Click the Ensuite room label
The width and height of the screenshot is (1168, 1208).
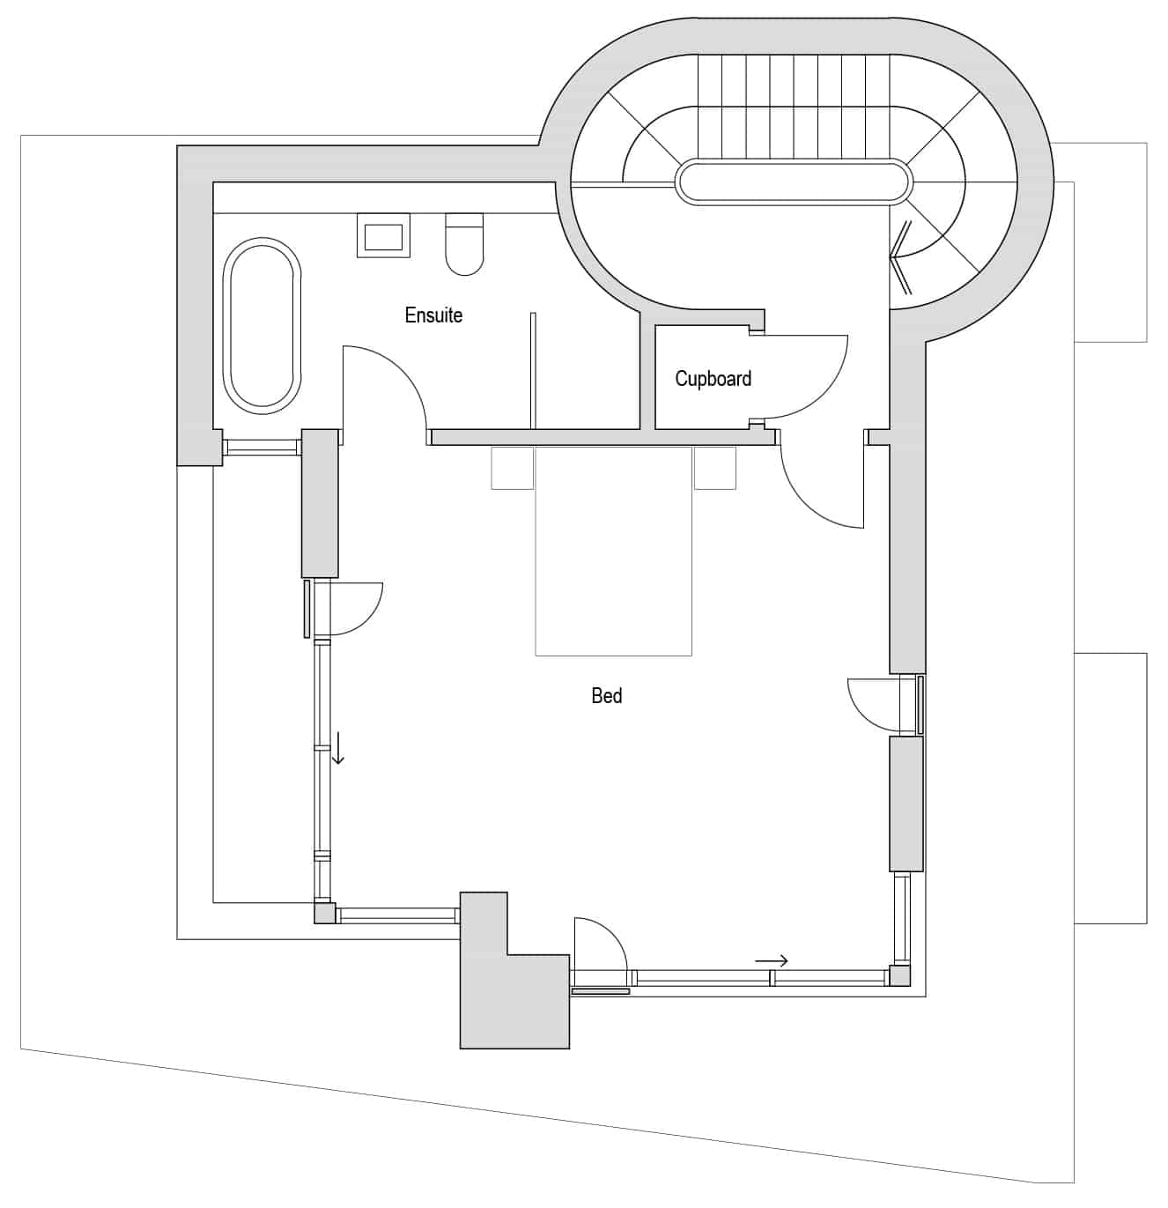click(x=433, y=315)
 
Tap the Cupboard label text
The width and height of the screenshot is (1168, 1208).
click(x=713, y=379)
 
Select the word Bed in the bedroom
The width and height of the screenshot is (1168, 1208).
click(x=606, y=696)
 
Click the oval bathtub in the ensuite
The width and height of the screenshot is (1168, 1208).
click(x=262, y=326)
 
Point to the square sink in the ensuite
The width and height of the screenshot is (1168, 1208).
click(x=383, y=235)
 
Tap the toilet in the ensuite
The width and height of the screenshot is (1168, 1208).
click(x=464, y=244)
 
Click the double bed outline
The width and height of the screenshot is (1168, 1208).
click(x=613, y=551)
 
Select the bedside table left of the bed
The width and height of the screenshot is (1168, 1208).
click(x=513, y=468)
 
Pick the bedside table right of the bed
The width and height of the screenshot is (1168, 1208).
click(x=715, y=468)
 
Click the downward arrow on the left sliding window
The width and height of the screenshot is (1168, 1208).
click(x=337, y=747)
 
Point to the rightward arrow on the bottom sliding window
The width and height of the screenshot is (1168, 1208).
click(x=772, y=961)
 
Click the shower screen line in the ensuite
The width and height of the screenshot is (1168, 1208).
click(x=533, y=371)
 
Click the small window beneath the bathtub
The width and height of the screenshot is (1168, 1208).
click(x=262, y=448)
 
